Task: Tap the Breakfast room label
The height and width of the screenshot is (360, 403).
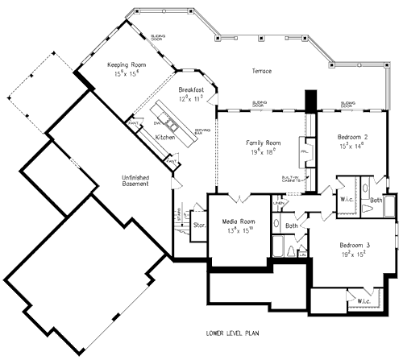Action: (x=191, y=89)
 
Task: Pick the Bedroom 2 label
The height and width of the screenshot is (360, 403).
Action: (x=354, y=138)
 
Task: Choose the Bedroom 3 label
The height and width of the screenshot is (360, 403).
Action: (x=354, y=244)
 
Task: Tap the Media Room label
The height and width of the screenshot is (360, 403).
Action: (x=239, y=221)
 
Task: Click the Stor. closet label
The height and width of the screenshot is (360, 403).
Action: (x=197, y=226)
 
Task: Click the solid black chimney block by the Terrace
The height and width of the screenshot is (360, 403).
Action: (x=310, y=101)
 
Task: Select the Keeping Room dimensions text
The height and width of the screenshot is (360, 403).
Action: (x=127, y=73)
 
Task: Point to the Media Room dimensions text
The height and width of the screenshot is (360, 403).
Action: (x=239, y=230)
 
